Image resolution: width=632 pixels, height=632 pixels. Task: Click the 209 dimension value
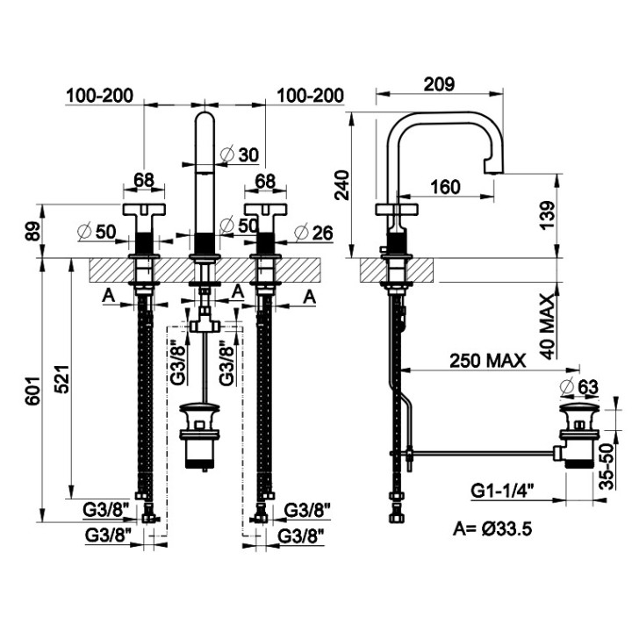(440, 84)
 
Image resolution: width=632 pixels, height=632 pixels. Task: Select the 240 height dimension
(341, 185)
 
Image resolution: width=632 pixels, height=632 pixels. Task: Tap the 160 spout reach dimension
(445, 187)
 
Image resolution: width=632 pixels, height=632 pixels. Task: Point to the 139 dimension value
(547, 215)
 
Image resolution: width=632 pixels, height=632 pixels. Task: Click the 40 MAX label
(548, 327)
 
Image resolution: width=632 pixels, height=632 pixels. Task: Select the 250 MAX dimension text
(488, 361)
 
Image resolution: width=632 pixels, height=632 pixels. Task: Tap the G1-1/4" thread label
(503, 491)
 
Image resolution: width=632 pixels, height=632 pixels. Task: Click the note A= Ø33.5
(492, 528)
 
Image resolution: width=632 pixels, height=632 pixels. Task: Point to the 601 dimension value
(32, 391)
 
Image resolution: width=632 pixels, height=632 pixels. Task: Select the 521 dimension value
(62, 379)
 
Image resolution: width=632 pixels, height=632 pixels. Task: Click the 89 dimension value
(34, 232)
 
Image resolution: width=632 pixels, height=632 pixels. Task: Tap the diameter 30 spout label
(241, 154)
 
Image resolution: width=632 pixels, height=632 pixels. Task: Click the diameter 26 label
(313, 233)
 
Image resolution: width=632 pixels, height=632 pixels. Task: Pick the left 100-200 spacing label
(99, 96)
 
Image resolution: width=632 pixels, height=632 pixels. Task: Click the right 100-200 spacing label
(311, 96)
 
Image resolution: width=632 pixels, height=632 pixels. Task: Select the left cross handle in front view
(144, 209)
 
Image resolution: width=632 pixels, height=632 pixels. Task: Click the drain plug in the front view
(200, 435)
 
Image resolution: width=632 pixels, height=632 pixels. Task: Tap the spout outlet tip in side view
(493, 171)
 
